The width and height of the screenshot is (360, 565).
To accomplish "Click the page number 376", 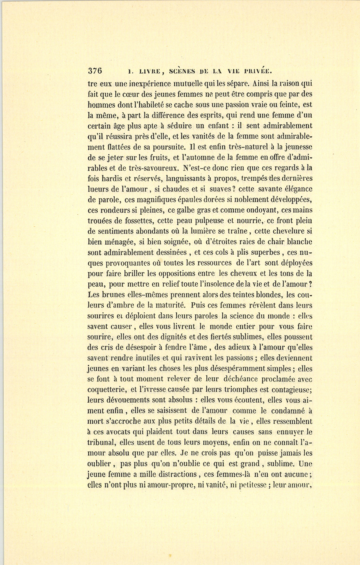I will [95, 71].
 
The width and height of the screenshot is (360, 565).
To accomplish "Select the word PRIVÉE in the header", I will [257, 72].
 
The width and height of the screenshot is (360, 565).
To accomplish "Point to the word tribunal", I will [102, 442].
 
